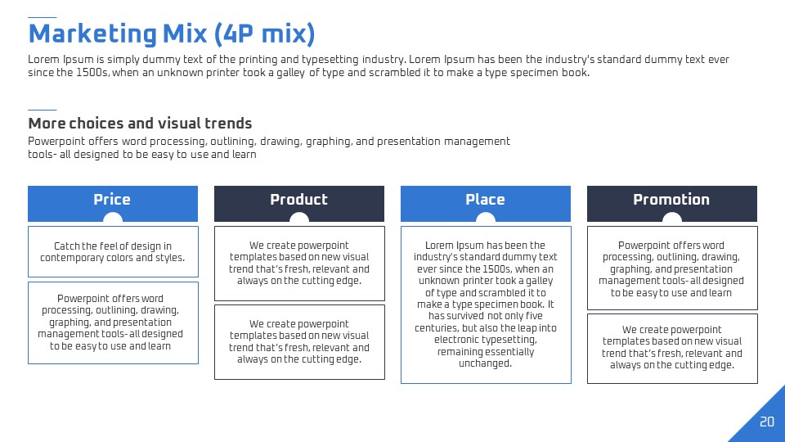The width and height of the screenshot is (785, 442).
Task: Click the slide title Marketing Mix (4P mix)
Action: (x=171, y=34)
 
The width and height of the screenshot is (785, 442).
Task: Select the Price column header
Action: (x=113, y=204)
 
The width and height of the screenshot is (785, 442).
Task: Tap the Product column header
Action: (x=299, y=204)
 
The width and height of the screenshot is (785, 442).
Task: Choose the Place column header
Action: (x=485, y=204)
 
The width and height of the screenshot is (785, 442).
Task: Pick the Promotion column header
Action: (x=672, y=204)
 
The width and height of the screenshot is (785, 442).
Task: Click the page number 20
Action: (x=766, y=422)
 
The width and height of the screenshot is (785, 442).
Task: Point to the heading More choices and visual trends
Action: (x=140, y=124)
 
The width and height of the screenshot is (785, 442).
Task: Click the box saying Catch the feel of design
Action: (x=113, y=251)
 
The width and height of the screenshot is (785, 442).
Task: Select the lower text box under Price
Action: (x=113, y=322)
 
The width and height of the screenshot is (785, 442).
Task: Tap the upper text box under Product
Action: (x=299, y=264)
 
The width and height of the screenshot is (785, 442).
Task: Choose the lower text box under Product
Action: (x=299, y=342)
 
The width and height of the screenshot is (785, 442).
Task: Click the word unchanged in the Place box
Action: (x=485, y=363)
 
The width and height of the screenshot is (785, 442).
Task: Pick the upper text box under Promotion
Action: (x=672, y=268)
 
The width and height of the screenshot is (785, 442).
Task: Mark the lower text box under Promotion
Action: (x=672, y=349)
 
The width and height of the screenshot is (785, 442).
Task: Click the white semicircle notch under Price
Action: (x=113, y=218)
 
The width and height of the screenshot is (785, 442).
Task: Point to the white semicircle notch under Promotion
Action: (x=672, y=218)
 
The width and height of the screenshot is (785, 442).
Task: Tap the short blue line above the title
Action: (x=42, y=17)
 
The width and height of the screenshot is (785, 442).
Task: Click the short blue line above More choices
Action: (x=42, y=110)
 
